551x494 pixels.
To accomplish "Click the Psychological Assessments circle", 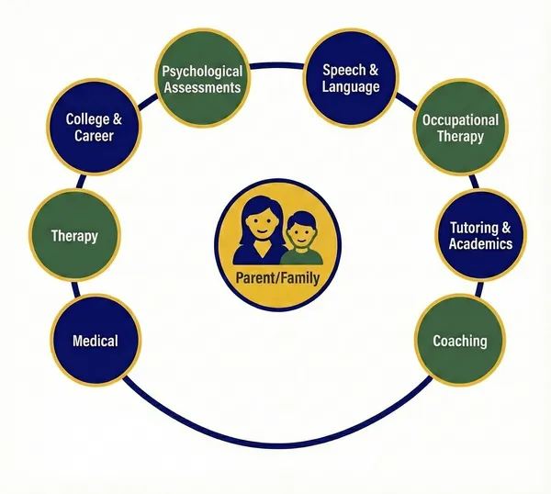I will pyautogui.click(x=201, y=79).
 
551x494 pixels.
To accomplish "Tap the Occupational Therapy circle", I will pyautogui.click(x=459, y=129).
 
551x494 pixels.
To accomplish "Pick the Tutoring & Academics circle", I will pyautogui.click(x=480, y=235).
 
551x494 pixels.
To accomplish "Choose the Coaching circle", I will pyautogui.click(x=459, y=341).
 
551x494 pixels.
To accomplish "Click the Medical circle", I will pyautogui.click(x=96, y=341).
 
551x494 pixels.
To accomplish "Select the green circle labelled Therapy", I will pyautogui.click(x=74, y=236).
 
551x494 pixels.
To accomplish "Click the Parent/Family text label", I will pyautogui.click(x=276, y=273).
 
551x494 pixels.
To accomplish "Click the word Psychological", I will pyautogui.click(x=202, y=71).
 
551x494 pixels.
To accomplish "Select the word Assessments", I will pyautogui.click(x=202, y=87).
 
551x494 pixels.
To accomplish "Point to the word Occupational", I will pyautogui.click(x=460, y=120).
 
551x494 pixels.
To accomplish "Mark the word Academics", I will pyautogui.click(x=480, y=243).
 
